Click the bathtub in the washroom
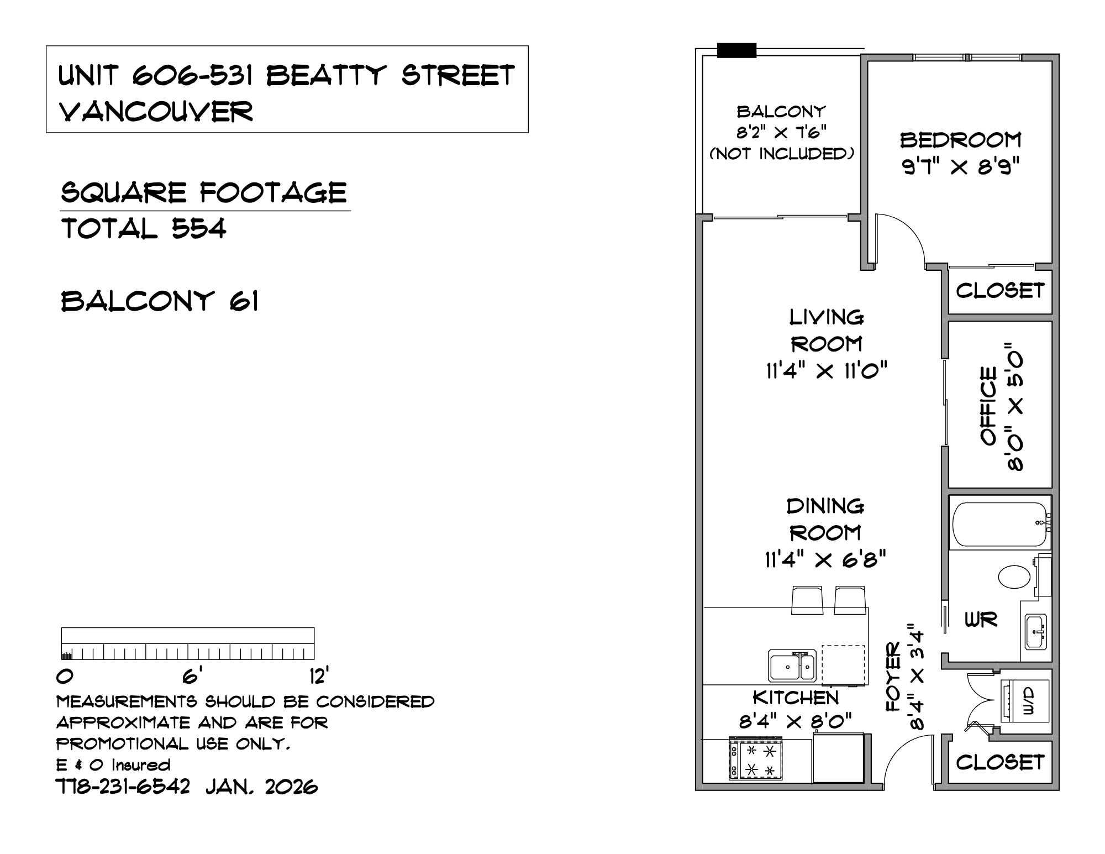pyautogui.click(x=999, y=523)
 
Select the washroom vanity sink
pyautogui.click(x=1036, y=631)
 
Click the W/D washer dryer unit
pyautogui.click(x=1025, y=701)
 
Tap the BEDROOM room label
pyautogui.click(x=961, y=140)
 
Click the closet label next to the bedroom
pyautogui.click(x=1000, y=291)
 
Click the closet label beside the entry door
pyautogui.click(x=1000, y=763)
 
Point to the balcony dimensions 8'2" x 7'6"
pyautogui.click(x=781, y=133)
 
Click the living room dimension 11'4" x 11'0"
pyautogui.click(x=826, y=370)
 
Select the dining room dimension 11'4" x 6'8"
pyautogui.click(x=825, y=559)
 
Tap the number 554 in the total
pyautogui.click(x=199, y=228)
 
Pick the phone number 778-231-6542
pyautogui.click(x=123, y=786)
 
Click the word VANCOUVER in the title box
pyautogui.click(x=156, y=112)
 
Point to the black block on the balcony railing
pyautogui.click(x=736, y=50)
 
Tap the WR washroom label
pyautogui.click(x=981, y=620)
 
